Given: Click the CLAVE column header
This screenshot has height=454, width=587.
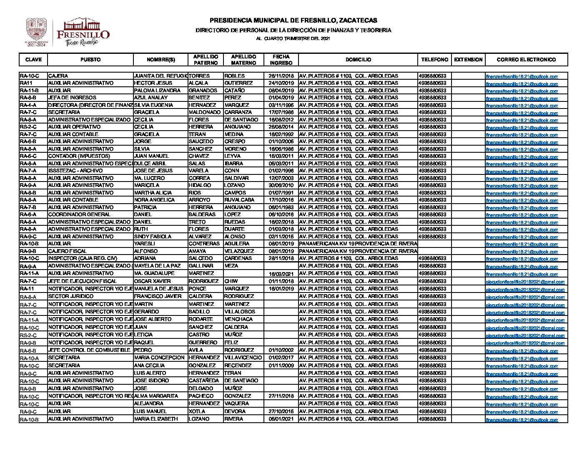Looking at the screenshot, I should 33,60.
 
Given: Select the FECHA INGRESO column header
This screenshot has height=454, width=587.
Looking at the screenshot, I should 281,60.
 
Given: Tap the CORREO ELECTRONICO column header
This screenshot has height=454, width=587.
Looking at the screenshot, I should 526,60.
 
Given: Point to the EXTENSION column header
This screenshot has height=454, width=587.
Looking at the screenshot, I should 468,60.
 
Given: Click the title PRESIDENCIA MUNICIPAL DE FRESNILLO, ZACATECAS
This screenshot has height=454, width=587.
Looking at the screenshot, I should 293,20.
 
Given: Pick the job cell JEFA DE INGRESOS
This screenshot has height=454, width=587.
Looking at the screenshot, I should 66,98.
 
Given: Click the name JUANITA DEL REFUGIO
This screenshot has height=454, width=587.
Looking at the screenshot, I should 161,76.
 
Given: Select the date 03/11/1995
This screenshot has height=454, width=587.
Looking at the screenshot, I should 281,105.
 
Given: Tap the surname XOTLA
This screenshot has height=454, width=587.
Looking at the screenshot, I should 197,411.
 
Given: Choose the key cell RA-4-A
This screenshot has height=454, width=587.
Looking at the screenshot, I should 28,105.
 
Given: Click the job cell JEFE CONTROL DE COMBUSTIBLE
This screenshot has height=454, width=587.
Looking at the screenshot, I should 89,350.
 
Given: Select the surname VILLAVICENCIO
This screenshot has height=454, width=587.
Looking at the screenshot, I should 243,358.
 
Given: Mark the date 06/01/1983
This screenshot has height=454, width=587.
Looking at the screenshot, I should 281,207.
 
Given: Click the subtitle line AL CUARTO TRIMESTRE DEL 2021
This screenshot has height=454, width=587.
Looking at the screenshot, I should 293,38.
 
